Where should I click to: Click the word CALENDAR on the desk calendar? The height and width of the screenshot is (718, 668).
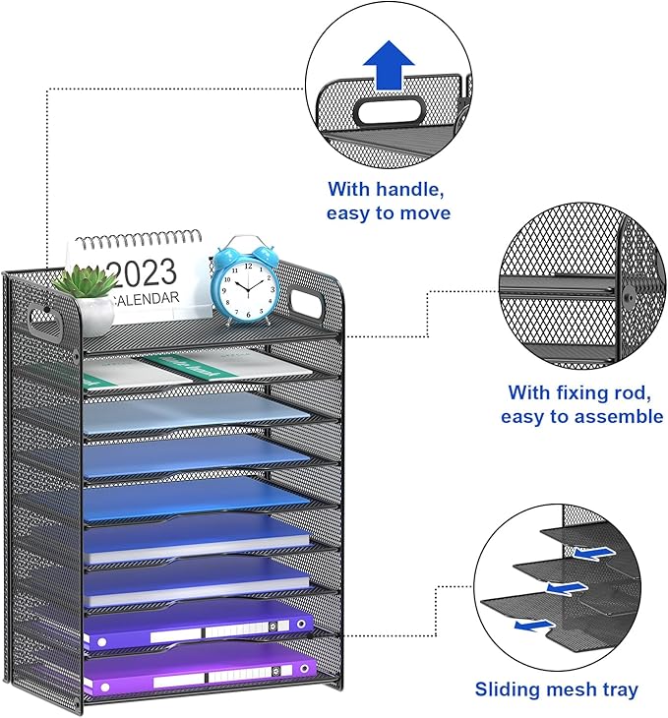146,298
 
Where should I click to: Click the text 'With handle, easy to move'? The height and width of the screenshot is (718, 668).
389,200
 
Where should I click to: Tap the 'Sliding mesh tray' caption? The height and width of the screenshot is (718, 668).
556,689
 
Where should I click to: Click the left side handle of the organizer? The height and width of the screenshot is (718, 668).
41,316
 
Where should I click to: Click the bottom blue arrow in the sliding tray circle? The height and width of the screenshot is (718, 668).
533,623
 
